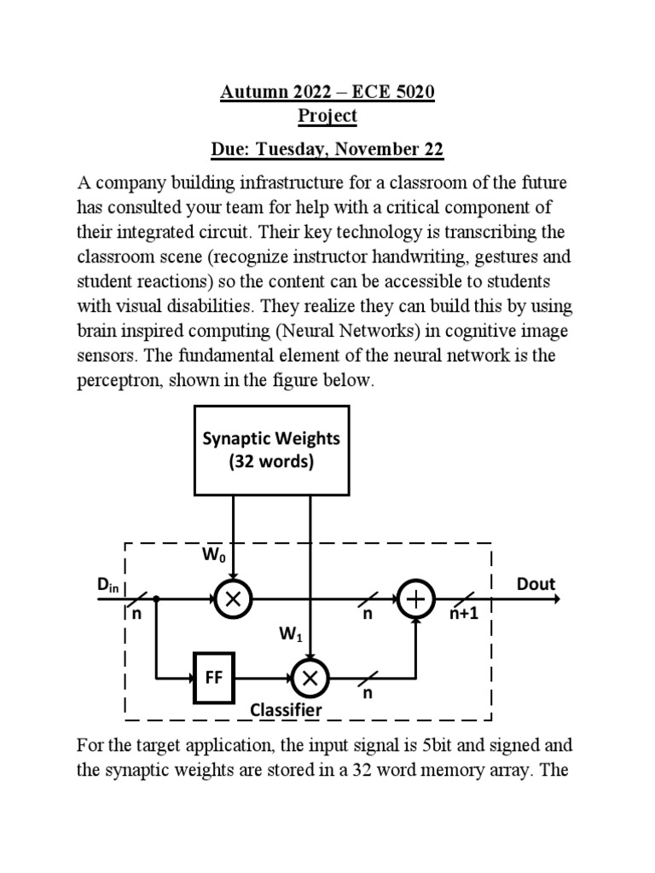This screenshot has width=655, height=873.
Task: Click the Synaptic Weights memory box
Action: (x=270, y=449)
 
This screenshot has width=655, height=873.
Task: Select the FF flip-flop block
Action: (x=213, y=679)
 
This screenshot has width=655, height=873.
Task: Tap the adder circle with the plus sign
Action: (x=416, y=600)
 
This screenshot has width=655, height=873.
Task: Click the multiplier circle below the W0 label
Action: (x=232, y=600)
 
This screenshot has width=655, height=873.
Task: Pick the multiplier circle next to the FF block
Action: (x=310, y=679)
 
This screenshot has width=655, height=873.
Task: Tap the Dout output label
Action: (x=536, y=584)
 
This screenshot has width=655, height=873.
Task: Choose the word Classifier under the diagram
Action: (x=286, y=709)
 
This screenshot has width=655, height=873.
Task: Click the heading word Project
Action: (x=327, y=116)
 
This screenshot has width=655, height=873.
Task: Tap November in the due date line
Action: (x=378, y=150)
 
